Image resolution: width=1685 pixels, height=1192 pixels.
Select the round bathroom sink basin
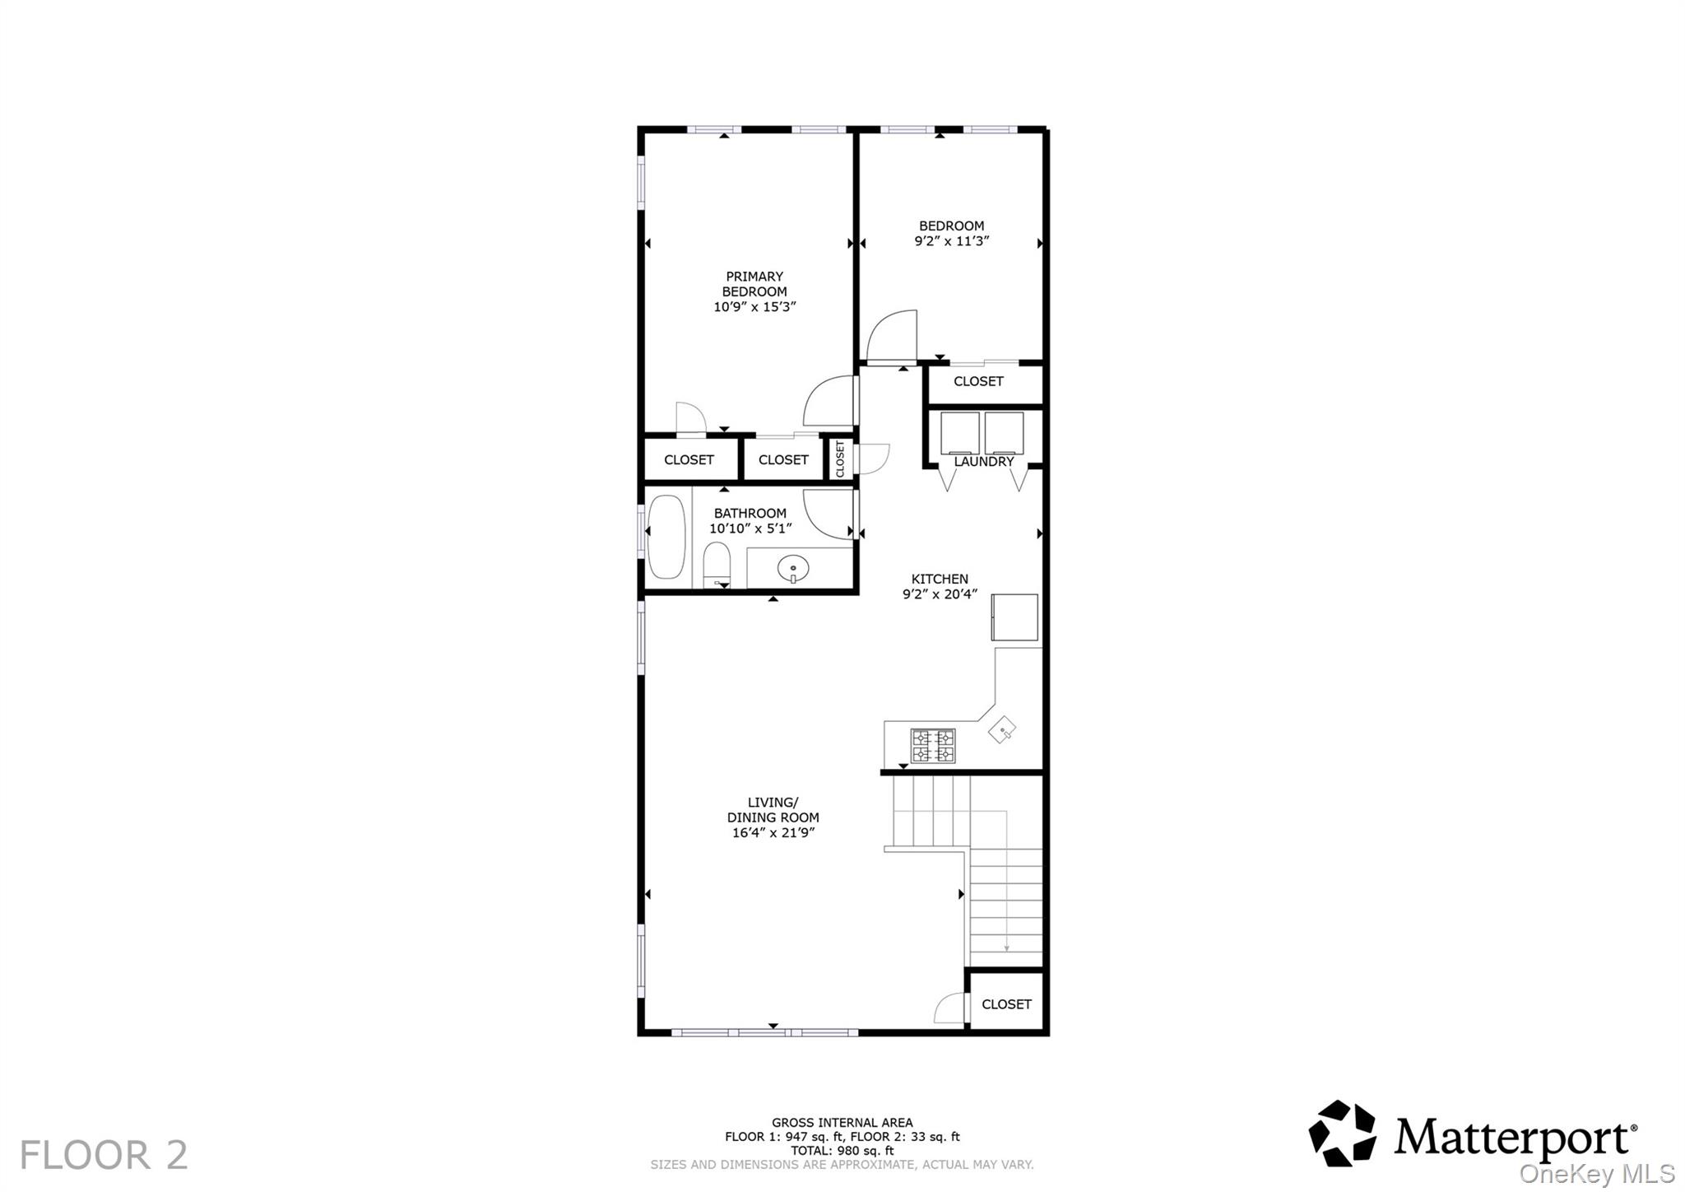(793, 568)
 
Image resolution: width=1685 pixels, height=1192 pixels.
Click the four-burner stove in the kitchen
(932, 746)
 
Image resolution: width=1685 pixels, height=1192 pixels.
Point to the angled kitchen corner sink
(1001, 729)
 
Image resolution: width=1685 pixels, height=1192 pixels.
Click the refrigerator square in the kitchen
(1014, 617)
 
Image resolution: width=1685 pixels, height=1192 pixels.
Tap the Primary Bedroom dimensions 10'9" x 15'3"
(754, 307)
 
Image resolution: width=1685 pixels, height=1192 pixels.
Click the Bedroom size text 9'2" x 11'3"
(951, 241)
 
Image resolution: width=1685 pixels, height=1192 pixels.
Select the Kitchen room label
(940, 579)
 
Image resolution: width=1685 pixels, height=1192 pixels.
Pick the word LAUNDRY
(984, 462)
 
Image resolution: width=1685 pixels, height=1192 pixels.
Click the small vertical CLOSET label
(840, 459)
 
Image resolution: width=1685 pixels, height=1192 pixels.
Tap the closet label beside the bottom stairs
(1006, 1004)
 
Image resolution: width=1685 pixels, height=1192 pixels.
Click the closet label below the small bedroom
(978, 381)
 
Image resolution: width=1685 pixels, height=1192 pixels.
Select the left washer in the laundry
(960, 433)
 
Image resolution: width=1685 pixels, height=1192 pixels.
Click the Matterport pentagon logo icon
(1342, 1134)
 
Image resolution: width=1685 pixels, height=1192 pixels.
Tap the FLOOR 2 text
(104, 1155)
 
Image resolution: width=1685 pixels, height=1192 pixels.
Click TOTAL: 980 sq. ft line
(842, 1151)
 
